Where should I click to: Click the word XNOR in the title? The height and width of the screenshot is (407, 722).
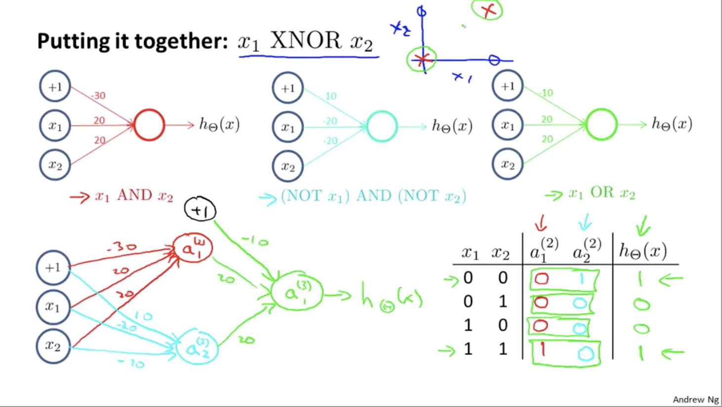305,41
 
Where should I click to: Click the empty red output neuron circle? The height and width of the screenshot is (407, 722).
149,125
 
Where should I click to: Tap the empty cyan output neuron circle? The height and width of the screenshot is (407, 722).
382,127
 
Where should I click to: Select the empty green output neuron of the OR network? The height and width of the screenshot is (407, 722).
601,124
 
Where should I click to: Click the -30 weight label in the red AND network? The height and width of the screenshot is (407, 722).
98,95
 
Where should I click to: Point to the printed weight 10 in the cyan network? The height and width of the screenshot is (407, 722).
331,96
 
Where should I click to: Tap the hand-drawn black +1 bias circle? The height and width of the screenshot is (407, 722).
200,210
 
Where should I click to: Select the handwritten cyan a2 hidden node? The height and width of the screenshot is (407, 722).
197,347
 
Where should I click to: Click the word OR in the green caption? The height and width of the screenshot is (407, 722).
602,192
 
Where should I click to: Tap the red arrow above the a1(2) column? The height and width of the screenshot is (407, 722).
541,223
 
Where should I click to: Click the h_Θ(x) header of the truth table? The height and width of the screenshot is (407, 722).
643,251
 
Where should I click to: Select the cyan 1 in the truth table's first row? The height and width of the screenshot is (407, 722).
581,279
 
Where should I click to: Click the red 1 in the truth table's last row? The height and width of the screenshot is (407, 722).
542,350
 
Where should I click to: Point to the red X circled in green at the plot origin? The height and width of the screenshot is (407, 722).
422,60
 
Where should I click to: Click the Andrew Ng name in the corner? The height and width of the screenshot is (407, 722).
696,399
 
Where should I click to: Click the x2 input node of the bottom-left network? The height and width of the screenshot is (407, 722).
53,346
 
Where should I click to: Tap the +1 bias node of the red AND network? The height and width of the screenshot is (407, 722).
55,87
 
